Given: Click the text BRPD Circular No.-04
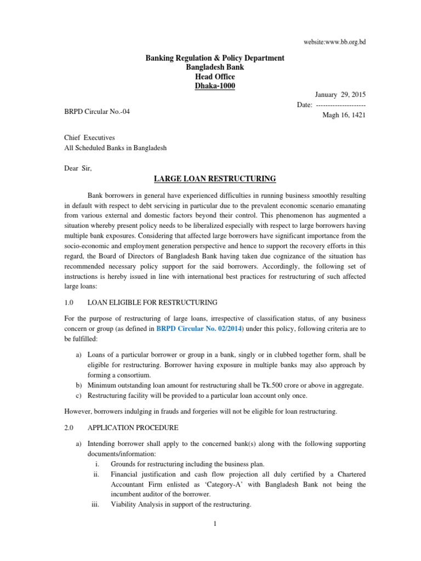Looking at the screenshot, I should tap(98, 111).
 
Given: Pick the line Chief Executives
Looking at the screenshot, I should tap(90, 138).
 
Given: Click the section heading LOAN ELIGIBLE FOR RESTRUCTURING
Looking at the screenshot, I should tap(152, 302).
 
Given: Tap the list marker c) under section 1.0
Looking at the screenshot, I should tap(79, 396).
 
